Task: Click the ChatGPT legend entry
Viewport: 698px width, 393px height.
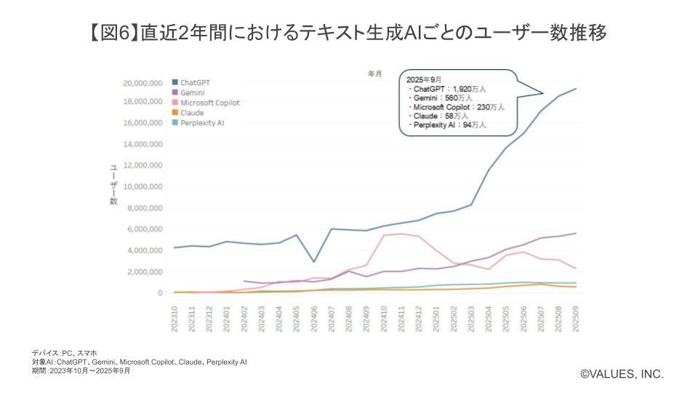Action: [195, 82]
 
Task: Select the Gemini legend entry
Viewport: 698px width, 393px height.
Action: [191, 92]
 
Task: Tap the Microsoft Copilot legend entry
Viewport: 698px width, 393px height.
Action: [209, 103]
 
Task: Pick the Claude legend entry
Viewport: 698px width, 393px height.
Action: [191, 113]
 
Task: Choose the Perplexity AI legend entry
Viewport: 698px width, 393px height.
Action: [201, 123]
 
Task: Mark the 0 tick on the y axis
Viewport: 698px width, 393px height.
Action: [159, 293]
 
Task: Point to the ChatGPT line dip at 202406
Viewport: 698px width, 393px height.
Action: [314, 261]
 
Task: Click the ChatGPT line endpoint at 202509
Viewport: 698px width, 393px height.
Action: [576, 89]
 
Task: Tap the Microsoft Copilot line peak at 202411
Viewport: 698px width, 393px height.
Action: [401, 234]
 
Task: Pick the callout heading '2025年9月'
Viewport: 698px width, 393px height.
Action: [424, 79]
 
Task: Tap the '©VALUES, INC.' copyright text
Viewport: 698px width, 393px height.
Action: [622, 373]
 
